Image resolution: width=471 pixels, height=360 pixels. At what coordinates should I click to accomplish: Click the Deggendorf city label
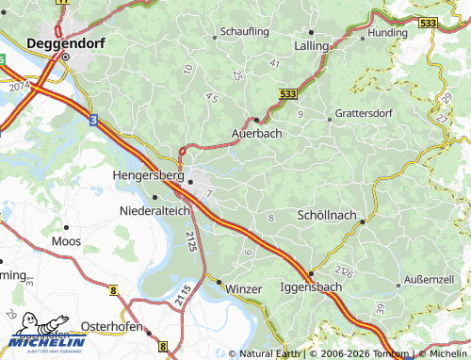(x=63, y=41)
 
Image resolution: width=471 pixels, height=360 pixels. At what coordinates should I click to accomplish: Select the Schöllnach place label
(x=326, y=215)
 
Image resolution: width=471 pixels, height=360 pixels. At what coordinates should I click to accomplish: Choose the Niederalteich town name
(x=154, y=211)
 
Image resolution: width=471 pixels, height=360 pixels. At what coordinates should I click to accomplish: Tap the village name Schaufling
(x=245, y=31)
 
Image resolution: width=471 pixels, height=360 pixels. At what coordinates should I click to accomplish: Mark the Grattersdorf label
(x=362, y=118)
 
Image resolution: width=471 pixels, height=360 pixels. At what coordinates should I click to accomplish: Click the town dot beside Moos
(x=66, y=227)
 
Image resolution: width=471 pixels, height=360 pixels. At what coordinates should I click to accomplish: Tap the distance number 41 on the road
(x=275, y=62)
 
